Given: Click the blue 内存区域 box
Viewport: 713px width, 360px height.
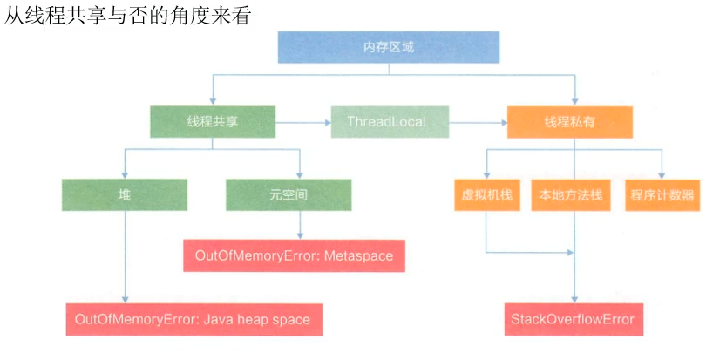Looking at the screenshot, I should pyautogui.click(x=389, y=47).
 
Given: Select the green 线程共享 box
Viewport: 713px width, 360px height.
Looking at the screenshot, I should pyautogui.click(x=213, y=122).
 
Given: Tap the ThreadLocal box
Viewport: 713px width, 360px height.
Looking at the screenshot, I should pyautogui.click(x=390, y=122).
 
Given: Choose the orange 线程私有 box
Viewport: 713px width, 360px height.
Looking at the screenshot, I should pyautogui.click(x=570, y=122).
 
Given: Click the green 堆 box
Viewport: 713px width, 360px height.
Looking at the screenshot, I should pyautogui.click(x=125, y=195).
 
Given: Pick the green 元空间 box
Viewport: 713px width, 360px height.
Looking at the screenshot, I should pyautogui.click(x=289, y=195).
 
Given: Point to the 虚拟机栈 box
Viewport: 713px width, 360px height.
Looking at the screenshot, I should pyautogui.click(x=486, y=195).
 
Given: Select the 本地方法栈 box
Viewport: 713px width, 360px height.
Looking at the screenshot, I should pyautogui.click(x=572, y=195).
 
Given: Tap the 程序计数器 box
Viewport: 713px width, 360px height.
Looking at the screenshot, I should pyautogui.click(x=663, y=195).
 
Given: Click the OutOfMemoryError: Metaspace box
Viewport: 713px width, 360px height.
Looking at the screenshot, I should pyautogui.click(x=294, y=256).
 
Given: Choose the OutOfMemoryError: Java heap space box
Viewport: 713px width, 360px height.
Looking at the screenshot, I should pyautogui.click(x=194, y=319).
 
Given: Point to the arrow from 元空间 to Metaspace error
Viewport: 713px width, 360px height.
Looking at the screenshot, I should pyautogui.click(x=300, y=225).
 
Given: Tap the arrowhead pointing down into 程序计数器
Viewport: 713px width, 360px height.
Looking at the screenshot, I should pyautogui.click(x=663, y=174).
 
